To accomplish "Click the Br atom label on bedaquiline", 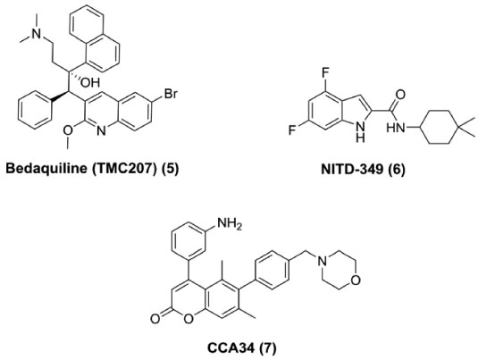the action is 171,94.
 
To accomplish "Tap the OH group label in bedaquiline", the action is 90,82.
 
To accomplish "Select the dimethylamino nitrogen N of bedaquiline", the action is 37,34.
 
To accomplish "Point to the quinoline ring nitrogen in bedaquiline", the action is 101,131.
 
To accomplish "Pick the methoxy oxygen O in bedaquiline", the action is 69,130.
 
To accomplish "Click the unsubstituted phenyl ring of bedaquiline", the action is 34,111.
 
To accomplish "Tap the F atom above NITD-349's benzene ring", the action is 325,73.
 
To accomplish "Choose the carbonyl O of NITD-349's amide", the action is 401,94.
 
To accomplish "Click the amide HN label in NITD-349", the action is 396,128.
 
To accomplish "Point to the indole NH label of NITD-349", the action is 361,132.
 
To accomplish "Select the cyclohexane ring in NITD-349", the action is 440,127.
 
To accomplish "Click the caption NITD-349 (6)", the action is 363,169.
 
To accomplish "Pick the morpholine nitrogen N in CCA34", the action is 322,261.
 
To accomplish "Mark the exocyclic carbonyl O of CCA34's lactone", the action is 155,319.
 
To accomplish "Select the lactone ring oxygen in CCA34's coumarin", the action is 189,319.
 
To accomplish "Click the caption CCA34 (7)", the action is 242,347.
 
